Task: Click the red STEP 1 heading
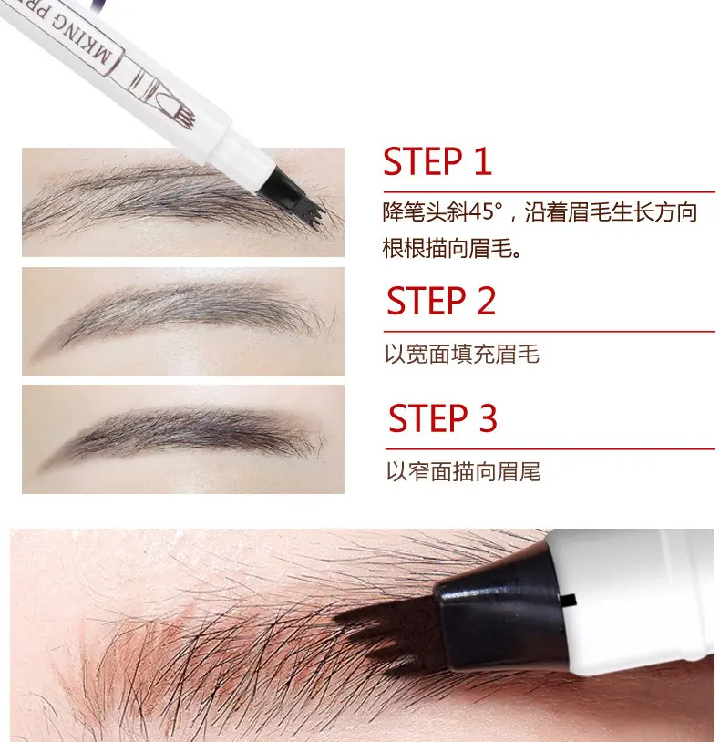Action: [437, 161]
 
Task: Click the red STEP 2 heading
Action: [441, 301]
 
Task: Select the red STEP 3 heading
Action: [443, 417]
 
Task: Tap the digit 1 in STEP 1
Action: [482, 161]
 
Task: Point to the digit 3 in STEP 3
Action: [489, 417]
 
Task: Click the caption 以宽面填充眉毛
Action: [462, 354]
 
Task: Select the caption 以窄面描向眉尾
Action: [463, 471]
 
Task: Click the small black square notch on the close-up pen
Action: [570, 600]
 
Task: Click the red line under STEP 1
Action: [549, 192]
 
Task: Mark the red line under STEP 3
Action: [550, 448]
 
